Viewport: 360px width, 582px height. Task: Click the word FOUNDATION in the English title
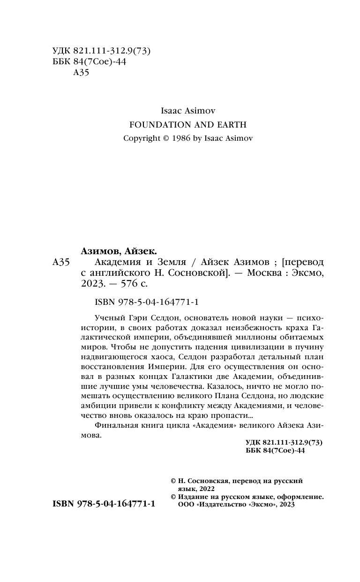(151, 125)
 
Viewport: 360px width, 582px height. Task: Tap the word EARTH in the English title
(229, 125)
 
